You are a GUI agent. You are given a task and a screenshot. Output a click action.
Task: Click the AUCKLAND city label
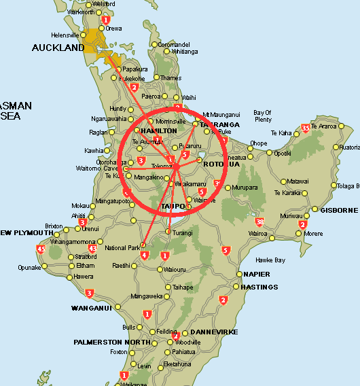[58, 48]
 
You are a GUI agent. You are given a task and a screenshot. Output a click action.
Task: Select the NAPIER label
[256, 274]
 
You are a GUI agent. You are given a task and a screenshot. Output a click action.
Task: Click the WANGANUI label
[90, 308]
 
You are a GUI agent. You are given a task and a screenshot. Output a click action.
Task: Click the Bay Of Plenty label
[262, 116]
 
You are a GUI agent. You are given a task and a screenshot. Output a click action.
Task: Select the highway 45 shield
[41, 249]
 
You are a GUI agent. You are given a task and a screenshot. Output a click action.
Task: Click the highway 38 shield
[259, 222]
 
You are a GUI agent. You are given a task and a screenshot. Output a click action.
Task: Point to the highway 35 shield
[306, 128]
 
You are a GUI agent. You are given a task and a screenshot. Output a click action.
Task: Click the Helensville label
[65, 35]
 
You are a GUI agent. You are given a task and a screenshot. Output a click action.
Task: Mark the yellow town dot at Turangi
[168, 232]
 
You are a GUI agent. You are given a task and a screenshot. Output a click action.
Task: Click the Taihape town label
[183, 287]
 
